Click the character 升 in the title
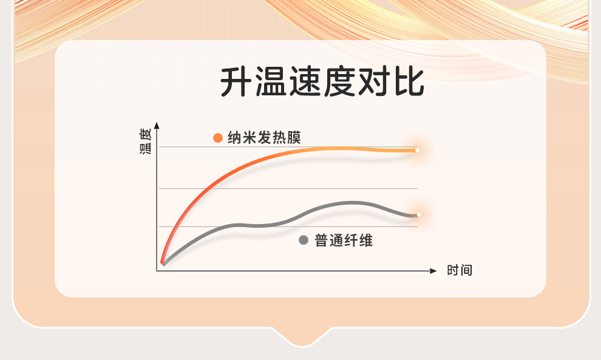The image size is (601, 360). (236, 82)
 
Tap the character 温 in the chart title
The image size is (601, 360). (271, 82)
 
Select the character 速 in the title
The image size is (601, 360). (305, 82)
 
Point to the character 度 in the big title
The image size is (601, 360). (339, 82)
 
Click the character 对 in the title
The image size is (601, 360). (374, 82)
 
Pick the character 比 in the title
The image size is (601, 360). (409, 82)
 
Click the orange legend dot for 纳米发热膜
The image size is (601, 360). (218, 138)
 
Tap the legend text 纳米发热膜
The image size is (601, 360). (265, 138)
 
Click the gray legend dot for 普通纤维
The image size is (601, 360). (304, 240)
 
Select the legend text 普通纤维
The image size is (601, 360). (344, 240)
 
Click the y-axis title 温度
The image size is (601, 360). (145, 141)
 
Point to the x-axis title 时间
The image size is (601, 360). (460, 270)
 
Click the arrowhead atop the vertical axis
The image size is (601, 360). (157, 126)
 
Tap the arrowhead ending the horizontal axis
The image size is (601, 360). (433, 271)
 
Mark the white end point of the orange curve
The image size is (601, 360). (417, 151)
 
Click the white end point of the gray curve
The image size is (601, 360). (418, 215)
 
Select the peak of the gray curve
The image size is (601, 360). (353, 203)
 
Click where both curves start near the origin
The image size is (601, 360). (163, 263)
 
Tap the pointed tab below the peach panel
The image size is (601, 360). (302, 338)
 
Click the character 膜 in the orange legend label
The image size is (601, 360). (294, 138)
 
